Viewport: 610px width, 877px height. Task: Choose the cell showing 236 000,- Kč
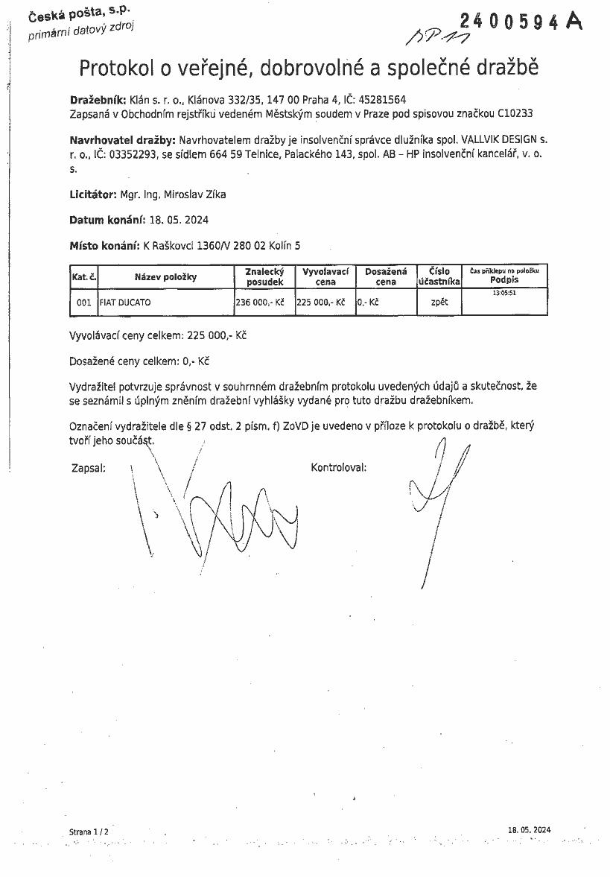point(260,303)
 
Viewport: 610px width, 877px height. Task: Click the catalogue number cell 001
point(83,303)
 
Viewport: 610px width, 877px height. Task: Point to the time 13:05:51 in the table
point(504,293)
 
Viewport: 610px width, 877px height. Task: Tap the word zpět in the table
point(439,303)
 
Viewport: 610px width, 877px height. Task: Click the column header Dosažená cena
point(385,277)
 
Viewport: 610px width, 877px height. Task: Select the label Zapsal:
point(88,468)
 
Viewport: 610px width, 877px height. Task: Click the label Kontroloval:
point(338,468)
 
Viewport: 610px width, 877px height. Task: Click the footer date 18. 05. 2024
point(529,829)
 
